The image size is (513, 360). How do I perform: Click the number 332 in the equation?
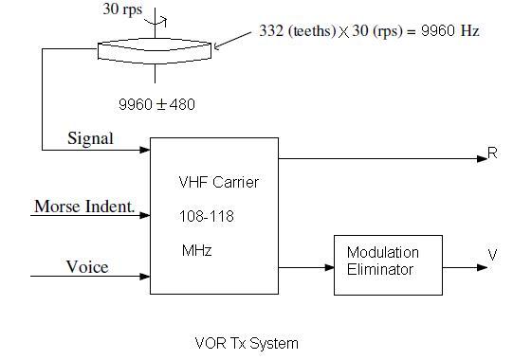pos(273,31)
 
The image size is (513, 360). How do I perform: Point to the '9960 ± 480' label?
pos(156,104)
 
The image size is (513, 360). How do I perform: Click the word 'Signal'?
pos(90,138)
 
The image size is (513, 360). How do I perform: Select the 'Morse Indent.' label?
pos(82,207)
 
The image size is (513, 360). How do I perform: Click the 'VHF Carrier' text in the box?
pos(218,182)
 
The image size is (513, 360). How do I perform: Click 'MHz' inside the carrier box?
pos(195,251)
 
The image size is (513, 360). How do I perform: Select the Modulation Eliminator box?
pos(382,261)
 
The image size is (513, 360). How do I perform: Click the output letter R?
pos(492,153)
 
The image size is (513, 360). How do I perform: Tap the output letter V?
pos(492,255)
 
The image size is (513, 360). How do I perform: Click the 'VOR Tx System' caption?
pos(247,343)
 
